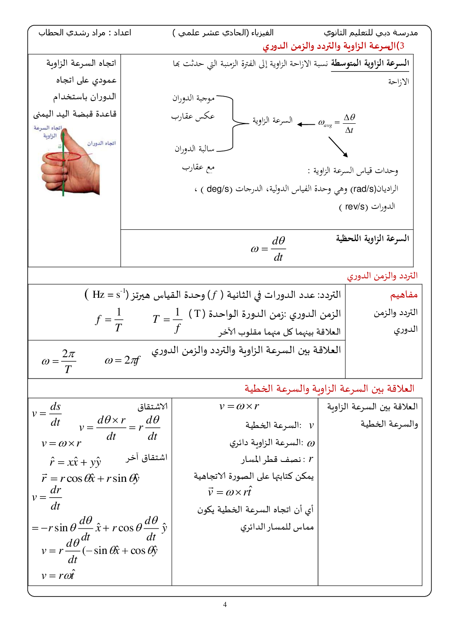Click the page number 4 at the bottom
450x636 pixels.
(225, 604)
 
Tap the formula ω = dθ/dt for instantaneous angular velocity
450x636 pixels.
(268, 249)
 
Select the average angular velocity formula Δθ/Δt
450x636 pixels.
(349, 123)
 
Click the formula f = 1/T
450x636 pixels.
(110, 320)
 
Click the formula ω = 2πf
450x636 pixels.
(122, 360)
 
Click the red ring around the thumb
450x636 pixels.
(63, 157)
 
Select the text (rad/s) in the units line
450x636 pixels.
(363, 189)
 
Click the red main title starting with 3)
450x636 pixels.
(333, 46)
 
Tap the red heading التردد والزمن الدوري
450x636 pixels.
(382, 276)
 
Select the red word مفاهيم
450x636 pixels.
(404, 295)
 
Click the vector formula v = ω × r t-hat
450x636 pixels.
(230, 492)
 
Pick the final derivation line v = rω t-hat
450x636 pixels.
(58, 575)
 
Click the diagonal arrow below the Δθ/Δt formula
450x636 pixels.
(338, 147)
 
